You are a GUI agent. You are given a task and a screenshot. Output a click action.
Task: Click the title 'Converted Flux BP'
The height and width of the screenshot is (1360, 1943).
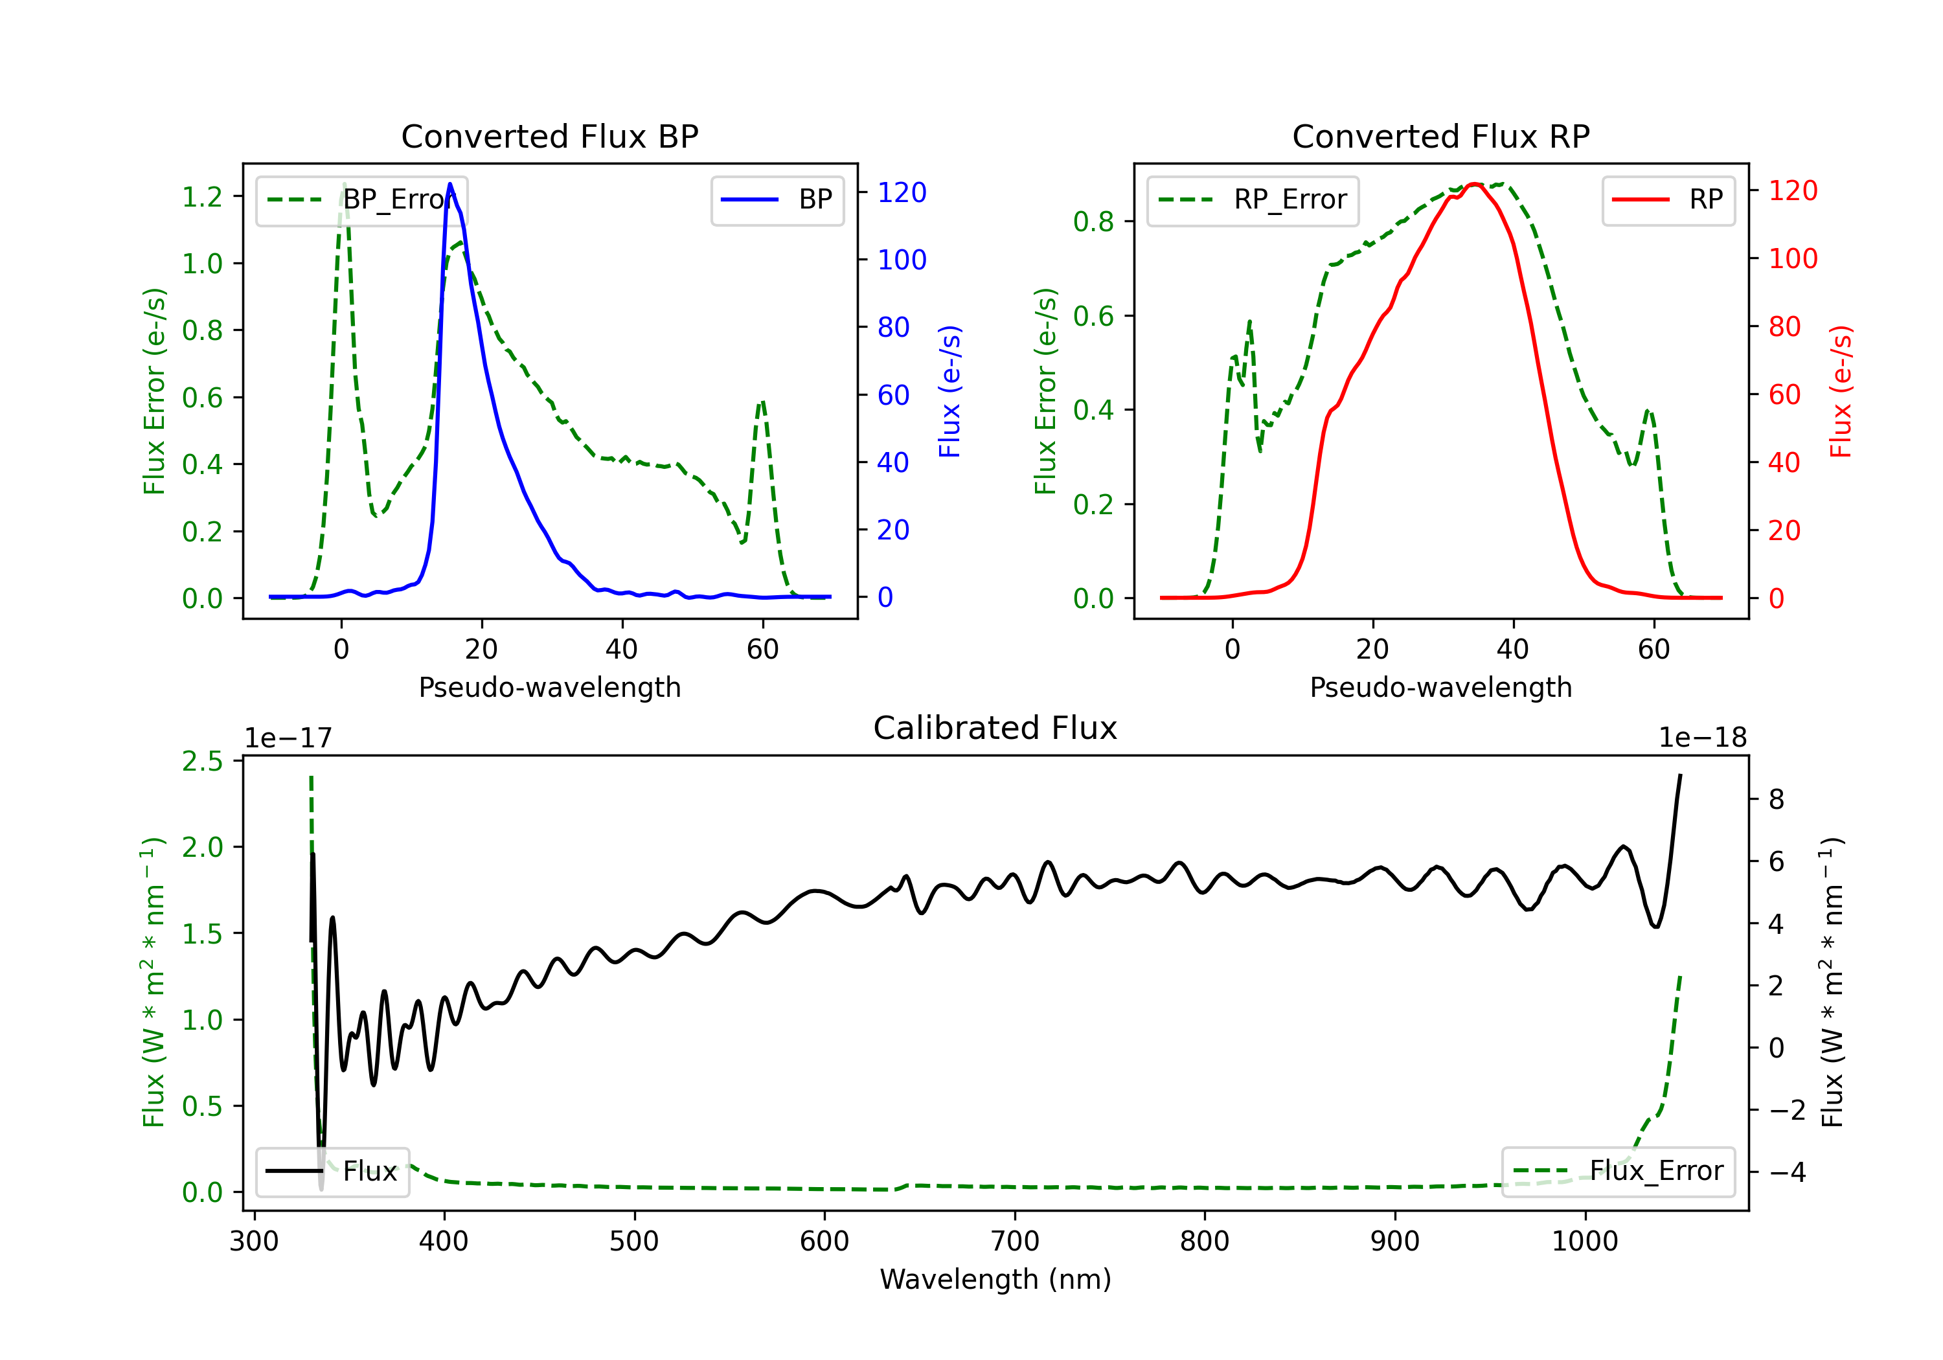[x=549, y=136]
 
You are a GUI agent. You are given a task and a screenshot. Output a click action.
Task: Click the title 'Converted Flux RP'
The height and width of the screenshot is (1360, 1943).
[x=1440, y=136]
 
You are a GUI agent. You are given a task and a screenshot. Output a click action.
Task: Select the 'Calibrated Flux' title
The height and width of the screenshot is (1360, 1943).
[x=995, y=728]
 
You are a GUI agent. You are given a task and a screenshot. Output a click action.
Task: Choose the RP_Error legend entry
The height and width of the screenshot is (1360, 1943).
[x=1253, y=199]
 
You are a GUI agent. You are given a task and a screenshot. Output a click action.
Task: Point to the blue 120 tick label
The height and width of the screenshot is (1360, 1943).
[x=902, y=193]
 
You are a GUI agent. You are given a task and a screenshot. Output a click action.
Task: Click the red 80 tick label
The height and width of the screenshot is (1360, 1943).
[x=1785, y=326]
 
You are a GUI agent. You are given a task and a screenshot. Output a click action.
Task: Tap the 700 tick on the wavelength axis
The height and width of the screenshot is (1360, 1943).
[x=1015, y=1241]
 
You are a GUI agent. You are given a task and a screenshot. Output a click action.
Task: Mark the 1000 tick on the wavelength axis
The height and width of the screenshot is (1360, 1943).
[x=1585, y=1241]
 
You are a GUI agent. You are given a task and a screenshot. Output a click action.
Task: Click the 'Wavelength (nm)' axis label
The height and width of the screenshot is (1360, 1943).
[x=995, y=1279]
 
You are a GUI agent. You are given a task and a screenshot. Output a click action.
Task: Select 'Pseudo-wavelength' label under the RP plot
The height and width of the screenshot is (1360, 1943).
[x=1440, y=687]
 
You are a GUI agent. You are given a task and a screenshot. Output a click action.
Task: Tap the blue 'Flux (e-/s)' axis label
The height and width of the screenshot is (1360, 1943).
[x=949, y=391]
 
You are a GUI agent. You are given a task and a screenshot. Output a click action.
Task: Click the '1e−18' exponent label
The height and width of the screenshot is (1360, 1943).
[x=1703, y=738]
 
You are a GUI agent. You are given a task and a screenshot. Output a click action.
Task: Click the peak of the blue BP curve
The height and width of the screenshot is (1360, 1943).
[x=449, y=184]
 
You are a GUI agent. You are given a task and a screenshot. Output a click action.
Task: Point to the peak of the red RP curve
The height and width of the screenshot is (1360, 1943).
[x=1473, y=184]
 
